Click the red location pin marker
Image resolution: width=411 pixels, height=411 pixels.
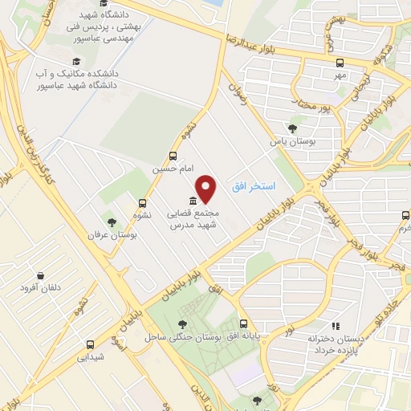click(x=207, y=189)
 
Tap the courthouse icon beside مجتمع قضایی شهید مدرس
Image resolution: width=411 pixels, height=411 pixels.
click(x=193, y=201)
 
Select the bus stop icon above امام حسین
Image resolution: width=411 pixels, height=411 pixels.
click(x=173, y=157)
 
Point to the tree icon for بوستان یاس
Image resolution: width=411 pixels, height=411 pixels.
click(x=293, y=128)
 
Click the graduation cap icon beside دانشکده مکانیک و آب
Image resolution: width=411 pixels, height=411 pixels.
click(x=77, y=62)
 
